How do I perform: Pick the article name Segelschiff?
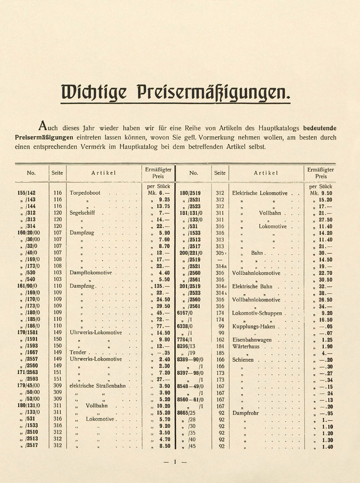click(84, 213)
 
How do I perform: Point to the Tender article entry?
click(78, 353)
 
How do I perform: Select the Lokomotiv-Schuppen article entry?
click(257, 313)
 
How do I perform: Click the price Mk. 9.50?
click(320, 193)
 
